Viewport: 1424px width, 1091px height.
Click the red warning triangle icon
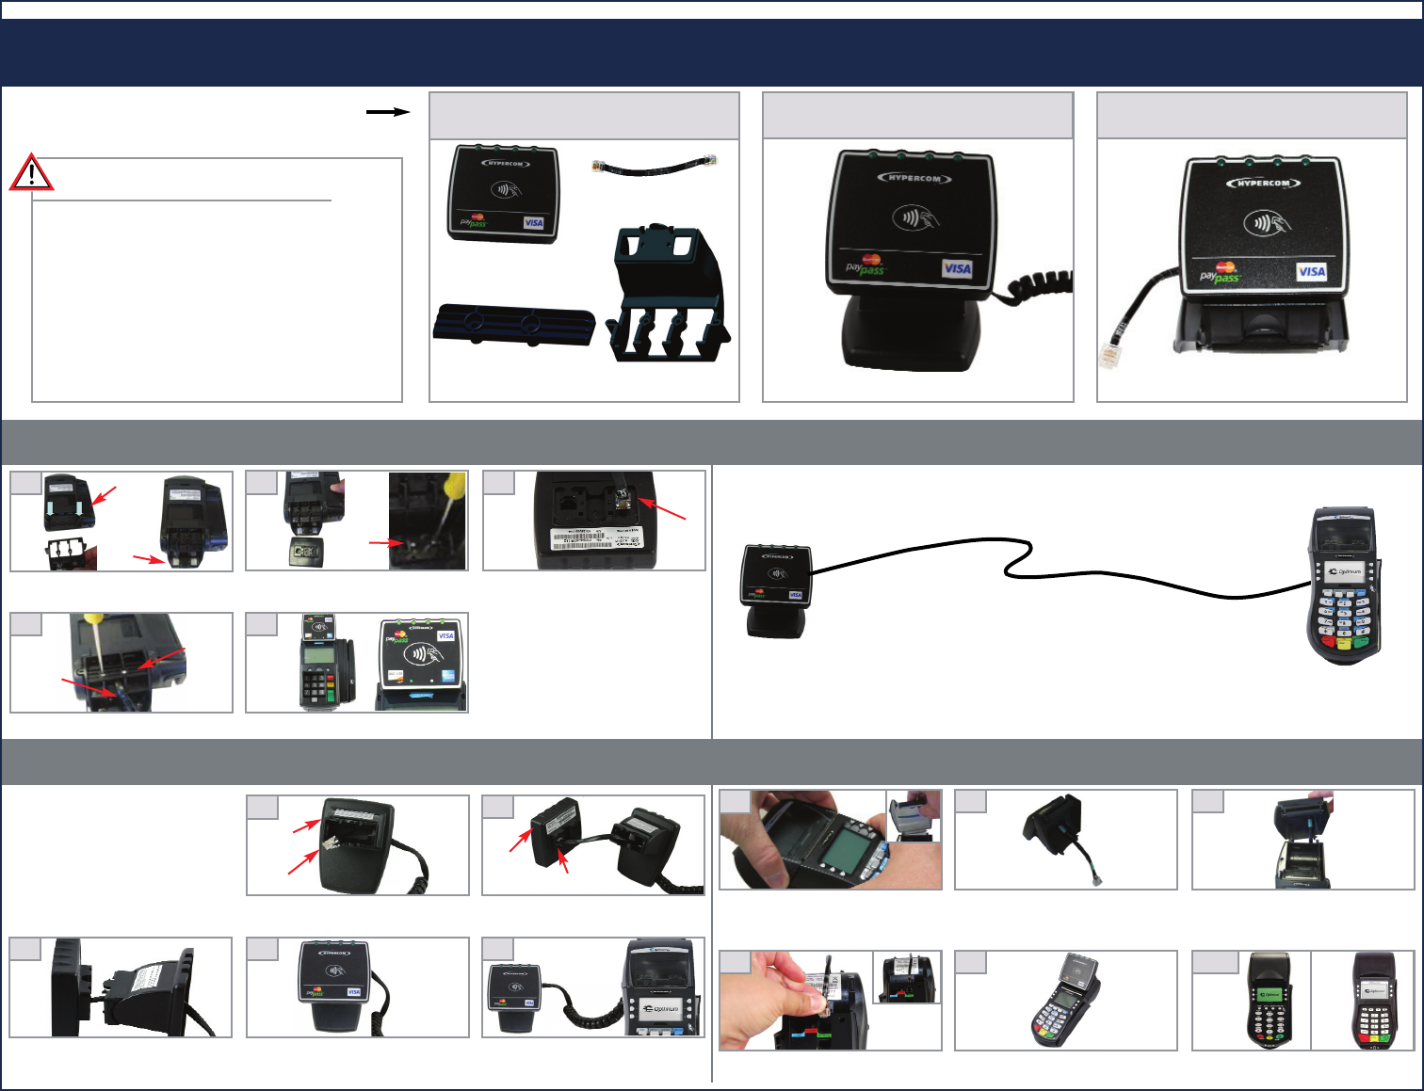31,172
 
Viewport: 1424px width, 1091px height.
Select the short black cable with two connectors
655,166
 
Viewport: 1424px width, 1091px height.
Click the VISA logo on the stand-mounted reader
957,268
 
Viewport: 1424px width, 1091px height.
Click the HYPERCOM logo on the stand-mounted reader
914,178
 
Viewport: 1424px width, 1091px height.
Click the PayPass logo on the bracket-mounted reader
1222,274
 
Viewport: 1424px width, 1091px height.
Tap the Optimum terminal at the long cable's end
1344,584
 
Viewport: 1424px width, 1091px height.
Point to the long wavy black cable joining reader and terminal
1036,565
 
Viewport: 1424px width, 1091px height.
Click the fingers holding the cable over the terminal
791,979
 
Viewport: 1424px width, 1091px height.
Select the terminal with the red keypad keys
1381,1001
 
